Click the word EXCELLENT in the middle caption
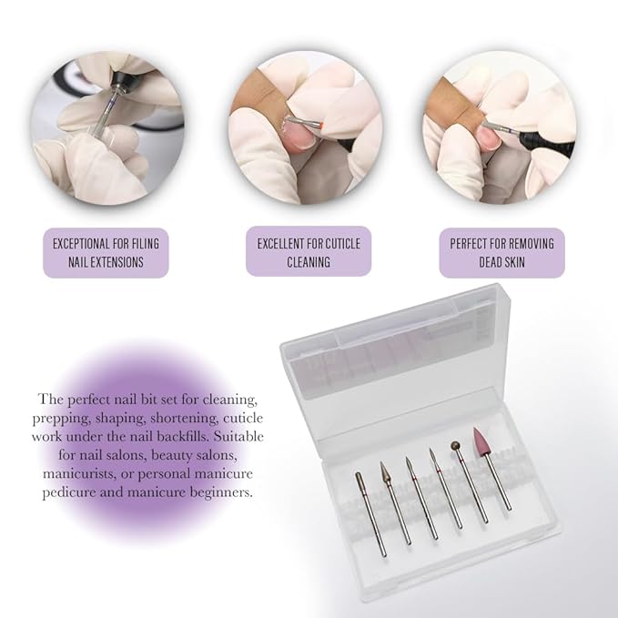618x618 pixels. click(282, 243)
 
